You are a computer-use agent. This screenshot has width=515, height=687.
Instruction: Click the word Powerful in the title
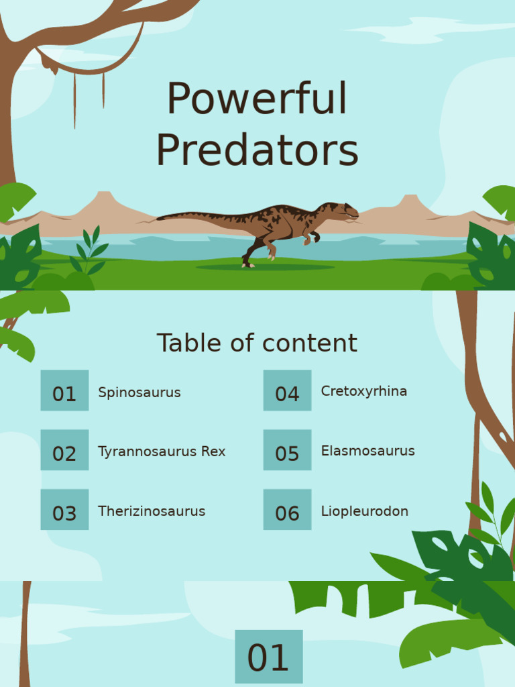click(x=257, y=99)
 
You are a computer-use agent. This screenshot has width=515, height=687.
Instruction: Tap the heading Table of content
click(x=257, y=343)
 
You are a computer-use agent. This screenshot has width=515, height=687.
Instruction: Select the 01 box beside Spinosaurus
click(x=64, y=390)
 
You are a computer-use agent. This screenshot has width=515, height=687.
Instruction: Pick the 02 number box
click(x=64, y=450)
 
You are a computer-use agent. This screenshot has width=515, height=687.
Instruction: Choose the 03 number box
click(x=64, y=510)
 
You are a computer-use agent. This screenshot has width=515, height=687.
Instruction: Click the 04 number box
click(x=287, y=390)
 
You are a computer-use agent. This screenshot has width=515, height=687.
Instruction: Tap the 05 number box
click(x=287, y=450)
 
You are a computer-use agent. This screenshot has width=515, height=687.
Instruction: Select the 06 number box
click(x=287, y=510)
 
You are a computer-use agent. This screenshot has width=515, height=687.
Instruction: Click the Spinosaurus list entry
click(x=139, y=392)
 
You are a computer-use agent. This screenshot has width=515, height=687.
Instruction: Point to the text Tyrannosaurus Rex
click(x=162, y=452)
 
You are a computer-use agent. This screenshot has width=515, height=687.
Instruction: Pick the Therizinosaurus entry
click(x=152, y=511)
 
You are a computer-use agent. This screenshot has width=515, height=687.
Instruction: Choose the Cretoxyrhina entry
click(x=364, y=391)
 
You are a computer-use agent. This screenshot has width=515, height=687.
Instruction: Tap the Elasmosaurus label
click(x=367, y=451)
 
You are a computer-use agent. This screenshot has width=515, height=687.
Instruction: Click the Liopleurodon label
click(x=364, y=511)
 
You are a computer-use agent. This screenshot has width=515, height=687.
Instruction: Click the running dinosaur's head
click(x=343, y=211)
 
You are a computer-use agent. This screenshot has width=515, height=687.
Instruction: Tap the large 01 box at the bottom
click(x=268, y=657)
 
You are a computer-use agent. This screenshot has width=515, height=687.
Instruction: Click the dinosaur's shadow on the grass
click(x=265, y=268)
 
